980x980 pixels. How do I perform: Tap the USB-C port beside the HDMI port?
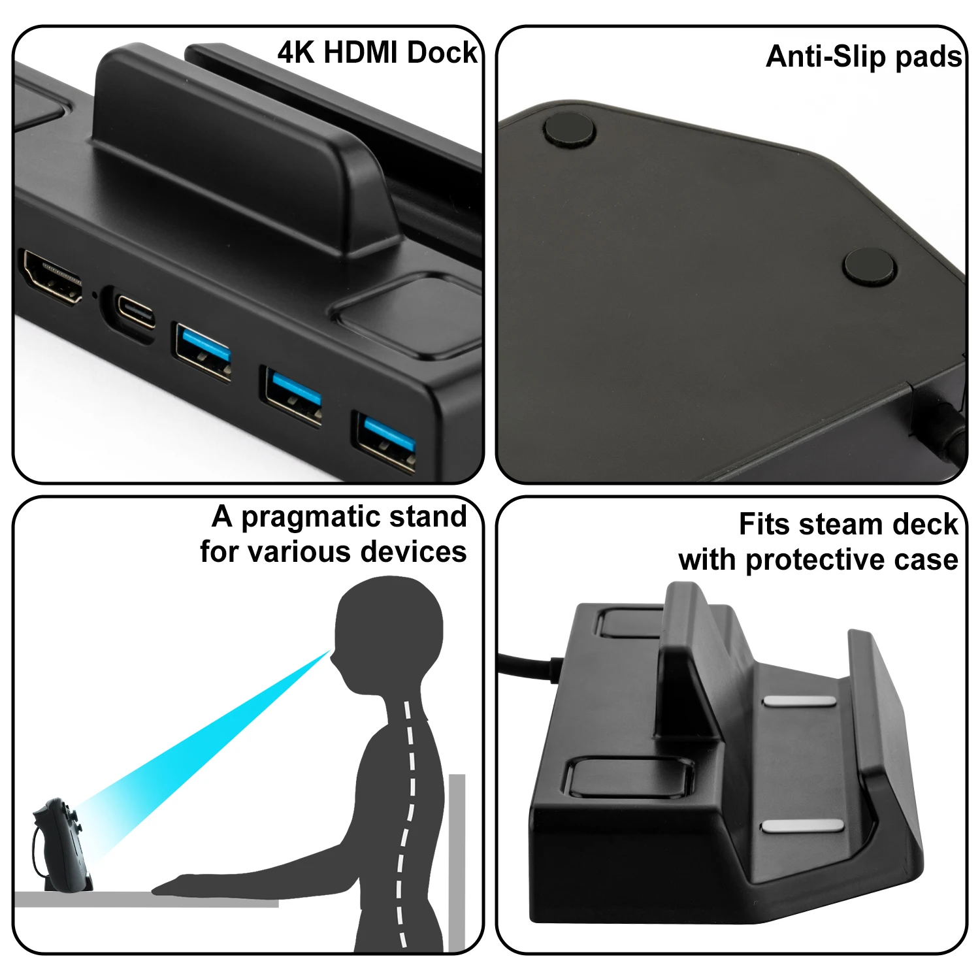(x=135, y=312)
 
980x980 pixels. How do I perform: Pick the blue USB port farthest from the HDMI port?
(x=386, y=440)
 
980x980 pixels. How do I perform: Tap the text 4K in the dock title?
(x=296, y=52)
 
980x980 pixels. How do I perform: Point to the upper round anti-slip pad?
(x=569, y=129)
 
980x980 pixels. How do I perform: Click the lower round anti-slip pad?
(x=869, y=267)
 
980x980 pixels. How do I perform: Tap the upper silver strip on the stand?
(x=799, y=701)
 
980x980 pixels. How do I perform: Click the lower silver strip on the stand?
(x=802, y=826)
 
